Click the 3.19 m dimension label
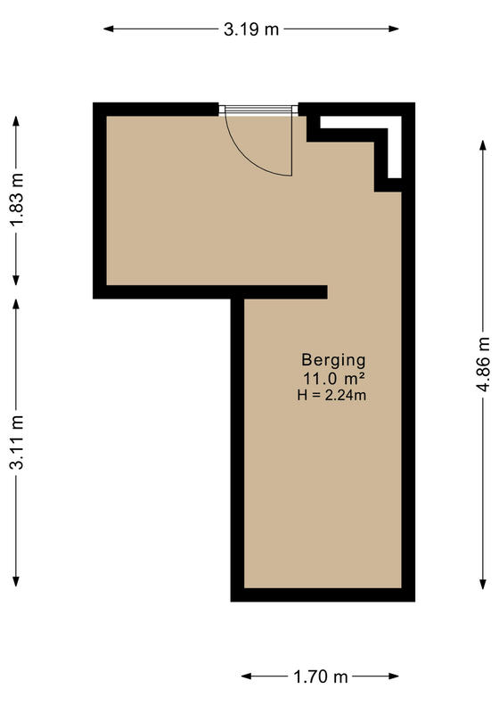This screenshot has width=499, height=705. (251, 29)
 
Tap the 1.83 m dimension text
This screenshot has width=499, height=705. (18, 200)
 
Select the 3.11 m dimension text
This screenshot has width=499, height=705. (18, 443)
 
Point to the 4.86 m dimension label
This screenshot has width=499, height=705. (483, 364)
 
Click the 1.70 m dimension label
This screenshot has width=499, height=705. (321, 676)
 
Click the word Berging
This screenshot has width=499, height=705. (333, 361)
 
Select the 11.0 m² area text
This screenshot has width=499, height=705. (333, 379)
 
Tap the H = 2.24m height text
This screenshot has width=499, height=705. (331, 395)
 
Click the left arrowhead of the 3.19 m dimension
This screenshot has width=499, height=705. (109, 29)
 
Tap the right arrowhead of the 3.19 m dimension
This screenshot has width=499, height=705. (394, 29)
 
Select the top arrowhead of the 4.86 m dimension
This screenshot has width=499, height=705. (483, 145)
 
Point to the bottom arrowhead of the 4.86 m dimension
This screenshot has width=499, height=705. (483, 584)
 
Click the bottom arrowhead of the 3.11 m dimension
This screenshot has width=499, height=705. (16, 581)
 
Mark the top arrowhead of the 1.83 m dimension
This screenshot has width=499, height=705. (16, 121)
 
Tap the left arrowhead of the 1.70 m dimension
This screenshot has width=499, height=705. (247, 676)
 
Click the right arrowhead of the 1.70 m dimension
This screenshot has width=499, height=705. (394, 676)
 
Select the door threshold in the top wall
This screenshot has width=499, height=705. (258, 110)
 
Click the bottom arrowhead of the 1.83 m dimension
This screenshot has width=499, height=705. (16, 280)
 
